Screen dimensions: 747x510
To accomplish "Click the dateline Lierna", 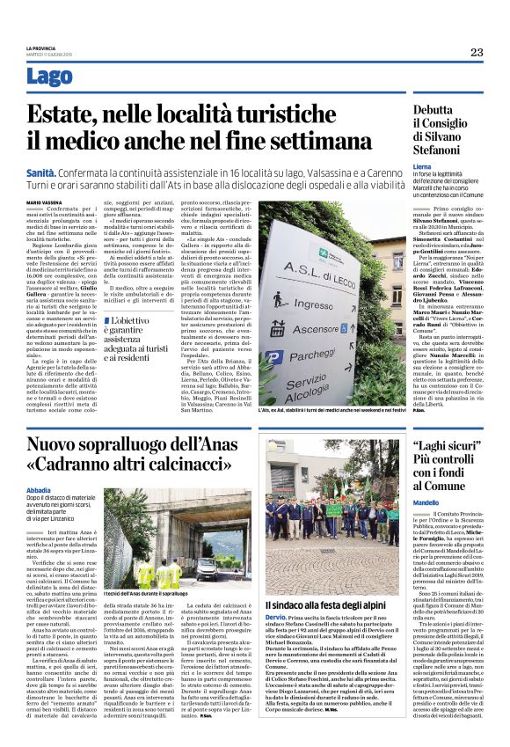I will (422, 165).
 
